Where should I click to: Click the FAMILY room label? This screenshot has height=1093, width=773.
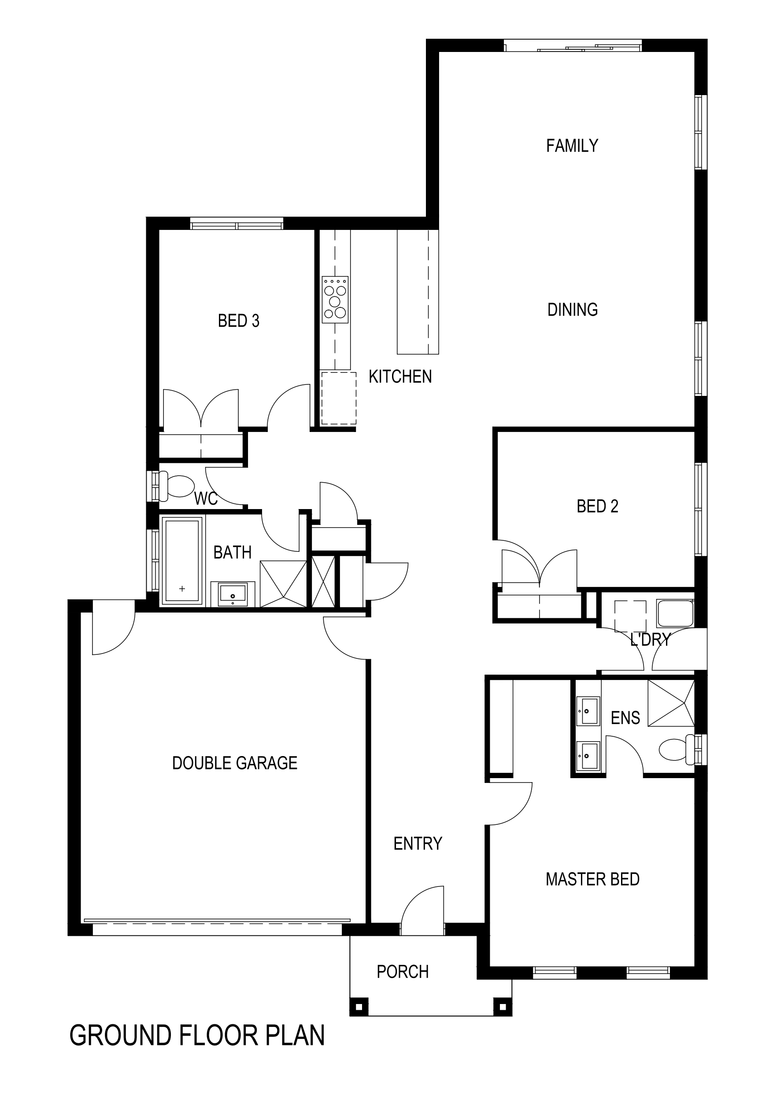[572, 146]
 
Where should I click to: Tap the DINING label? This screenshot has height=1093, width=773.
[573, 310]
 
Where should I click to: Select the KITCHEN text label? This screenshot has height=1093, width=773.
[400, 377]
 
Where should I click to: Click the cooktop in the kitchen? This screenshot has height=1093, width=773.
[335, 300]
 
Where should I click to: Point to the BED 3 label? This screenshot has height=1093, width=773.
[239, 321]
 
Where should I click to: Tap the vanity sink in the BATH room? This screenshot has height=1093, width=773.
[233, 594]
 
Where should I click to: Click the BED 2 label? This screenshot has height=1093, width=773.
[597, 506]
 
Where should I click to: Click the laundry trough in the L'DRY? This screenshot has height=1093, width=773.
[675, 613]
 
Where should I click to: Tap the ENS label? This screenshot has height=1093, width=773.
[625, 718]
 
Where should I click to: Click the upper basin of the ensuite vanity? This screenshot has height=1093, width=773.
[587, 711]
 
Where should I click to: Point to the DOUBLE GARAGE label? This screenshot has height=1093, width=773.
[235, 763]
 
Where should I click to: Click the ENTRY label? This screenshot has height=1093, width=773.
[418, 844]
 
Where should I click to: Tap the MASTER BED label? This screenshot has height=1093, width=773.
[592, 879]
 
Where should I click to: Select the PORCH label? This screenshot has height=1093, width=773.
[403, 971]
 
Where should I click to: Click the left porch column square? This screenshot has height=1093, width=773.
[359, 1007]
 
